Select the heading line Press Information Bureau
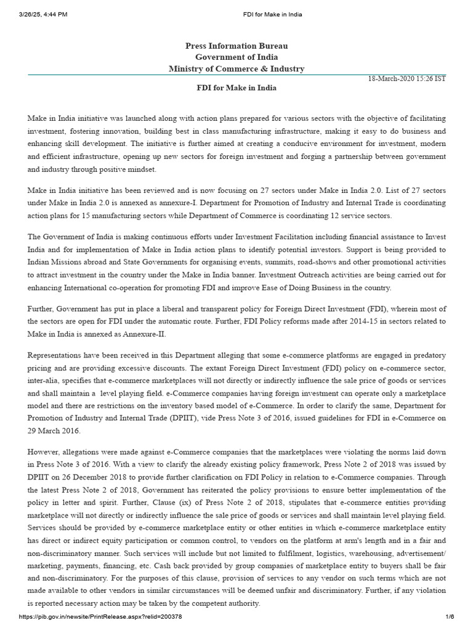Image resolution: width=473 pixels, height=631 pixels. coord(236,46)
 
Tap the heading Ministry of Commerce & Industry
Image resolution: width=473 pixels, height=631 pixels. coord(236,68)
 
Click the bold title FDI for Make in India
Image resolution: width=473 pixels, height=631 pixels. coord(236,88)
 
